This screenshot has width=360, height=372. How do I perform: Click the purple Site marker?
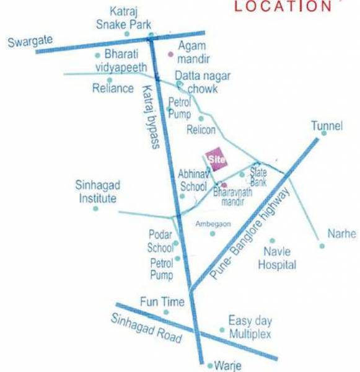point(216,159)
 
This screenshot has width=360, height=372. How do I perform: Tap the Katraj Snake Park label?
point(128,18)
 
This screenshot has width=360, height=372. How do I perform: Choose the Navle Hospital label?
point(279,259)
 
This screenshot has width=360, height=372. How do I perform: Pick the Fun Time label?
point(162,302)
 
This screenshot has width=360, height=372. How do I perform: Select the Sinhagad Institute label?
point(96,192)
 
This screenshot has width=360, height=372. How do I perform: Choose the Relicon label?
point(201,130)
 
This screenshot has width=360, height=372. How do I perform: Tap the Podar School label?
point(160,241)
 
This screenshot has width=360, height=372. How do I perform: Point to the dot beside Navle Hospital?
point(271,240)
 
